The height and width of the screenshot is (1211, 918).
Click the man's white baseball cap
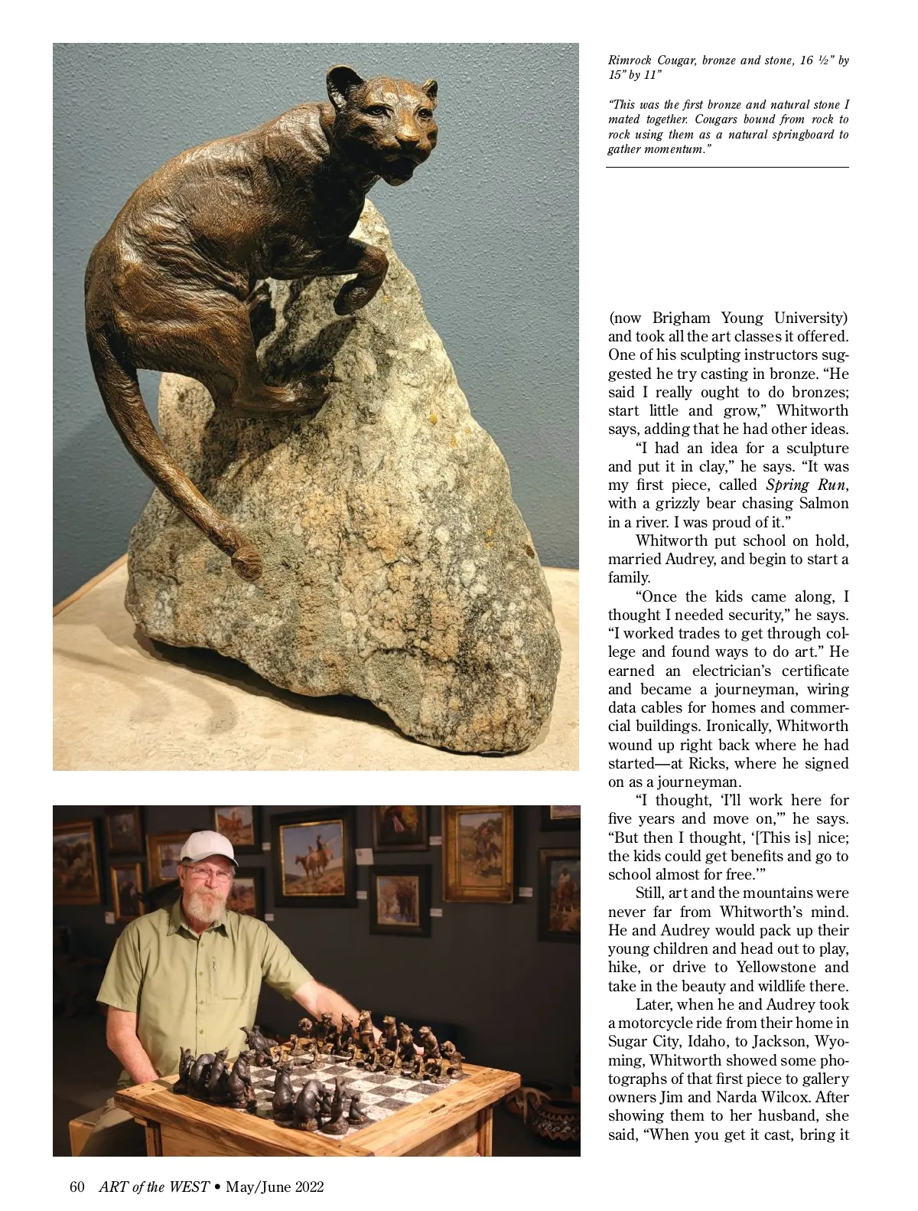click(x=207, y=847)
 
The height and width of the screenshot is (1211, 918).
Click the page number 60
click(x=76, y=1187)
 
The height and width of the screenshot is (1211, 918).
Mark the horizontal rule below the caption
click(x=728, y=167)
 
